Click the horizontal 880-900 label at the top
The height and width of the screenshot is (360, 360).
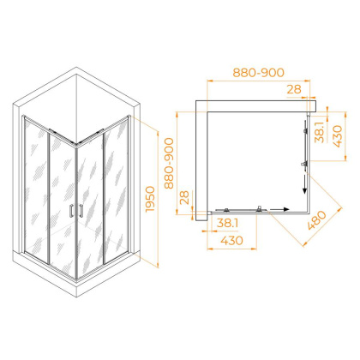pos(258,73)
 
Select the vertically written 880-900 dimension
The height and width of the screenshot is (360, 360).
pos(169,163)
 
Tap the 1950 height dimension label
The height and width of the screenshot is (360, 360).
pos(150,199)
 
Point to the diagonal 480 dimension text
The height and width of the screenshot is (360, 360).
pos(316,220)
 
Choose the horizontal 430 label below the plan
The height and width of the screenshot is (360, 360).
pos(231,240)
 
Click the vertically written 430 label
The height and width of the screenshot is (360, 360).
pos(338,136)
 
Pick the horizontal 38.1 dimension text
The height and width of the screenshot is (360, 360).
pos(227,223)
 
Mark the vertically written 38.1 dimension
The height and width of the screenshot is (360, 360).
pos(319,132)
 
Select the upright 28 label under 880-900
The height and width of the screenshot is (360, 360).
pos(294,89)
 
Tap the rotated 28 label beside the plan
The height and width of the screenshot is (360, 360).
pos(185,197)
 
